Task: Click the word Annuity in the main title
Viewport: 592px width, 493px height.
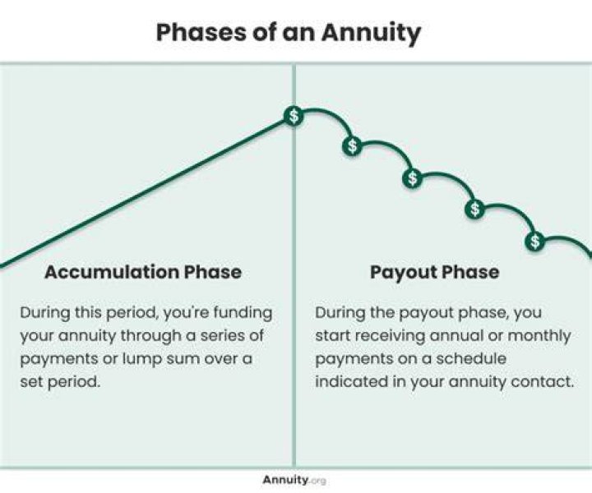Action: [371, 33]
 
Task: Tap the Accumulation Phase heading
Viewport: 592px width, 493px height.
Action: [143, 272]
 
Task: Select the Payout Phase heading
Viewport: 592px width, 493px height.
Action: [435, 272]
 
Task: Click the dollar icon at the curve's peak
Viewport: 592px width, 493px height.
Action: [294, 116]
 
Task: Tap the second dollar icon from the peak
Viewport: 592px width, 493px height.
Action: [352, 146]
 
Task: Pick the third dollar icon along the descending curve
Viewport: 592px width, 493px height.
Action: [413, 177]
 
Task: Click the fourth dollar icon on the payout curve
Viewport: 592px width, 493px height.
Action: [474, 209]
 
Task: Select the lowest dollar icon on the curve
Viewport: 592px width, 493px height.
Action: [534, 241]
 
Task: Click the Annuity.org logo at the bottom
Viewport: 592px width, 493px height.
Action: [294, 480]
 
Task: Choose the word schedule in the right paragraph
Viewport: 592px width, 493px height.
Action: [471, 358]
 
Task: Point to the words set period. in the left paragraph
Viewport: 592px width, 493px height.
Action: [60, 382]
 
